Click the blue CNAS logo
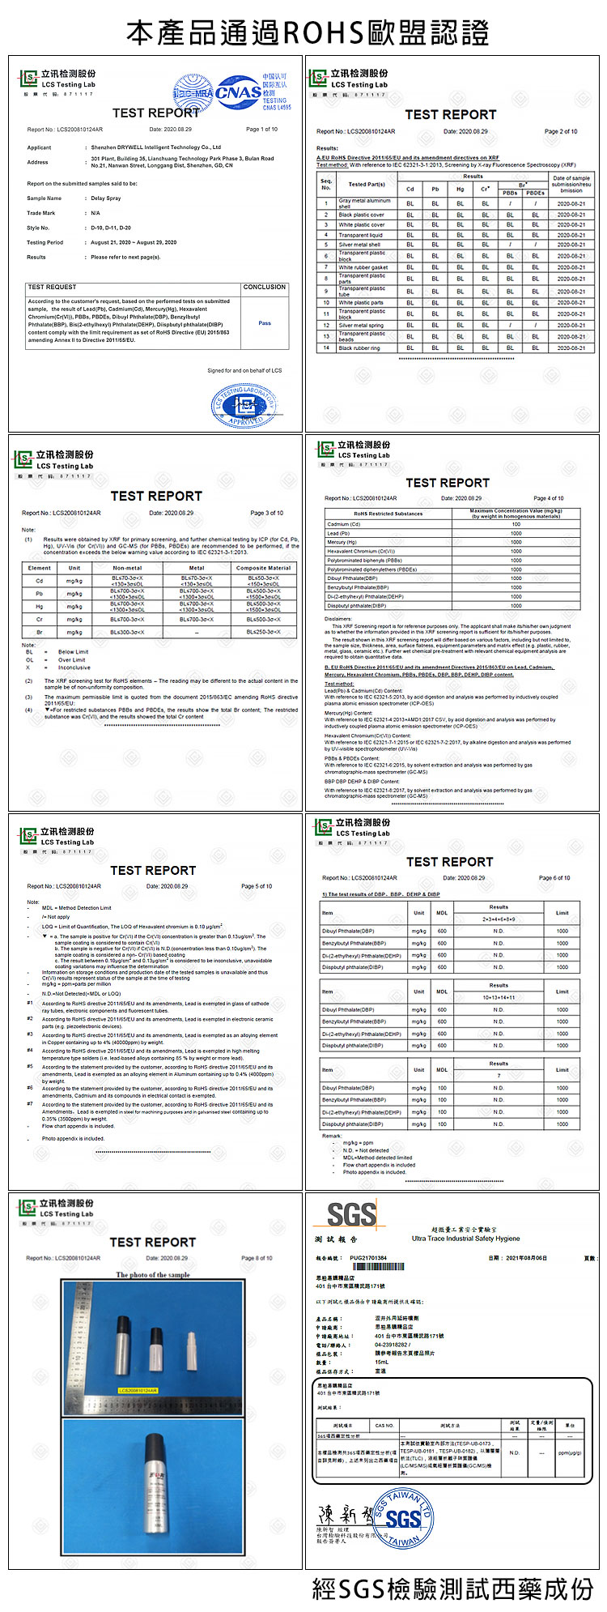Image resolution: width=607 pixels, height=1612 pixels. (239, 92)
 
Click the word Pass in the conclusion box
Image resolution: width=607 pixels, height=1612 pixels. (265, 323)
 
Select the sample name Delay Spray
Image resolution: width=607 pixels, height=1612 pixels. (106, 198)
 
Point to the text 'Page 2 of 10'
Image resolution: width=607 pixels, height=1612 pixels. (561, 131)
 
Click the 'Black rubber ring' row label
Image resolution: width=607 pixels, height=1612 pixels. (359, 348)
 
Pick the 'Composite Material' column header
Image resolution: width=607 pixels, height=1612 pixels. (263, 568)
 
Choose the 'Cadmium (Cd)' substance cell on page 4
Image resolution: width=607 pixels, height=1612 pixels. (344, 524)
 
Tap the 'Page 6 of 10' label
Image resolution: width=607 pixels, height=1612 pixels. (554, 878)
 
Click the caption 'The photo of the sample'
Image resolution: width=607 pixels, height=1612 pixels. (152, 1274)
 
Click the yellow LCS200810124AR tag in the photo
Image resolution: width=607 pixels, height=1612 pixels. (138, 1390)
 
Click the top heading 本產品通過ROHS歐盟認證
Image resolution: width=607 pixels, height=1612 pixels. (308, 33)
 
